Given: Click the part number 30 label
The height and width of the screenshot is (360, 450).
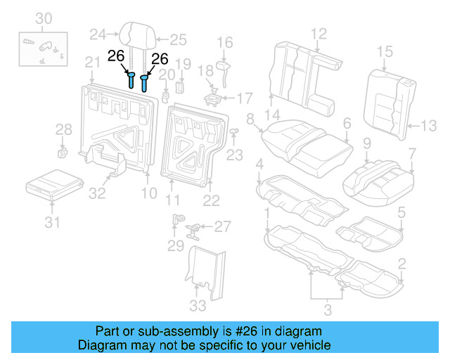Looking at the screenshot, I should [43, 18].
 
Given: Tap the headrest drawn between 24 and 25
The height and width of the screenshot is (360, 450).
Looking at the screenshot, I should [135, 34].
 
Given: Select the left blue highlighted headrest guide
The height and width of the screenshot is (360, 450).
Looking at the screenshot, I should [131, 79].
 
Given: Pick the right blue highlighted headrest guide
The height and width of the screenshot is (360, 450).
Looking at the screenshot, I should [145, 82].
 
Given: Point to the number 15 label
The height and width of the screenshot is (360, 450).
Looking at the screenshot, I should [384, 51].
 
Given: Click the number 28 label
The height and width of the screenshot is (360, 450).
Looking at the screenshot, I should [63, 129].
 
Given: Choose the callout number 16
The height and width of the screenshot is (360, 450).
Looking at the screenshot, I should [224, 43].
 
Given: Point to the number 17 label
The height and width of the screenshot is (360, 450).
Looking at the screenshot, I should [243, 97].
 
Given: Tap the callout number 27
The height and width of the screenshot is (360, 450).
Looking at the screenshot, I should [221, 226].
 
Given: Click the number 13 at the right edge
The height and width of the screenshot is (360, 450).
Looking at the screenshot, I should [428, 127].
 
